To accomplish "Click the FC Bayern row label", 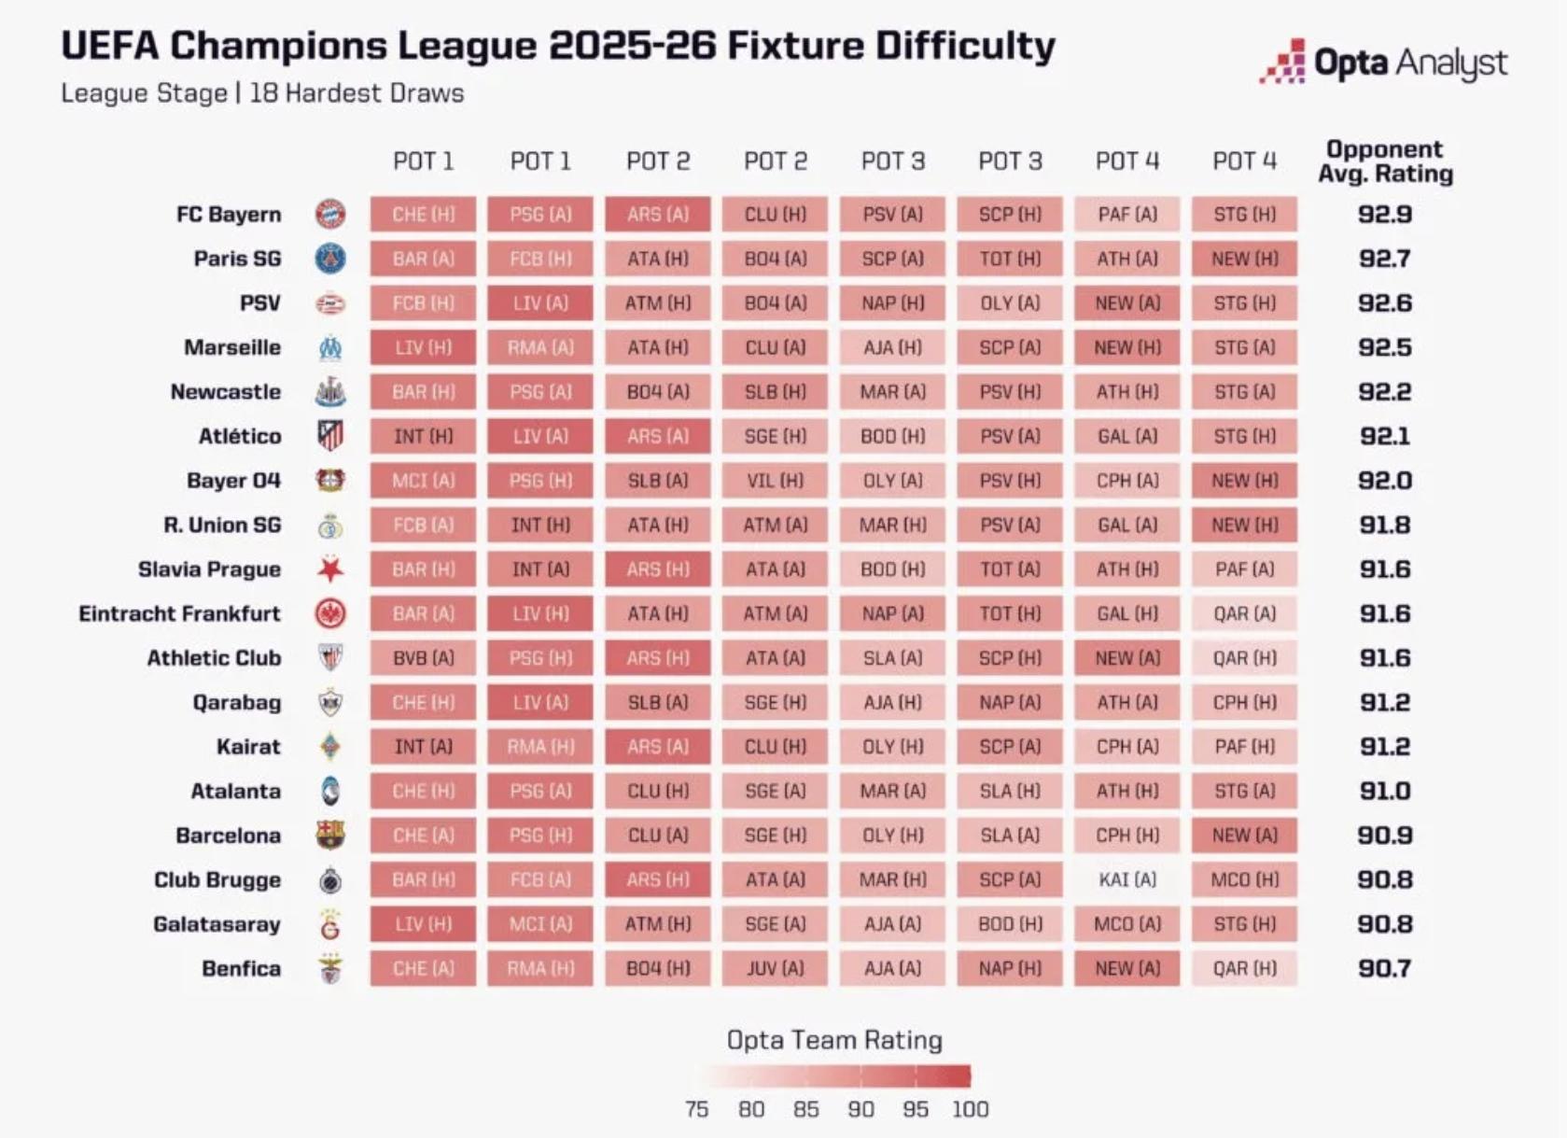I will pyautogui.click(x=229, y=215).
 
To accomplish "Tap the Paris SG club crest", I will pyautogui.click(x=330, y=259).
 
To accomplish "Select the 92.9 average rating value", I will pyautogui.click(x=1385, y=215).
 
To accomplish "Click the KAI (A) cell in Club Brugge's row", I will pyautogui.click(x=1126, y=879).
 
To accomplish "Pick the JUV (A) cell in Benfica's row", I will pyautogui.click(x=775, y=968).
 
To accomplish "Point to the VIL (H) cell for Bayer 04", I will pyautogui.click(x=775, y=481).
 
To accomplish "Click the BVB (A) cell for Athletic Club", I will pyautogui.click(x=423, y=658).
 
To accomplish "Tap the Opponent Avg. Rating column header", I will pyautogui.click(x=1385, y=162).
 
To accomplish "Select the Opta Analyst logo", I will pyautogui.click(x=1383, y=63).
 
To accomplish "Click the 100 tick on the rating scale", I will pyautogui.click(x=970, y=1109).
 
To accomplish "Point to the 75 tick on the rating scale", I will pyautogui.click(x=696, y=1109).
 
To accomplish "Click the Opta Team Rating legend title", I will pyautogui.click(x=834, y=1040).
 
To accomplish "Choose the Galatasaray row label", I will pyautogui.click(x=217, y=924).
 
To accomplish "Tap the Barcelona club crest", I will pyautogui.click(x=330, y=836).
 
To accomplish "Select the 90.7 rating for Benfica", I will pyautogui.click(x=1385, y=968).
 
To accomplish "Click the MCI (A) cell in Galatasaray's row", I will pyautogui.click(x=540, y=924).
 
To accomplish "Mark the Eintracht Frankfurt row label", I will pyautogui.click(x=179, y=613).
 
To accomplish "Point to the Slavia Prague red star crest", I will pyautogui.click(x=330, y=569).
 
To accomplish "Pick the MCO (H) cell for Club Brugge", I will pyautogui.click(x=1244, y=879).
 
